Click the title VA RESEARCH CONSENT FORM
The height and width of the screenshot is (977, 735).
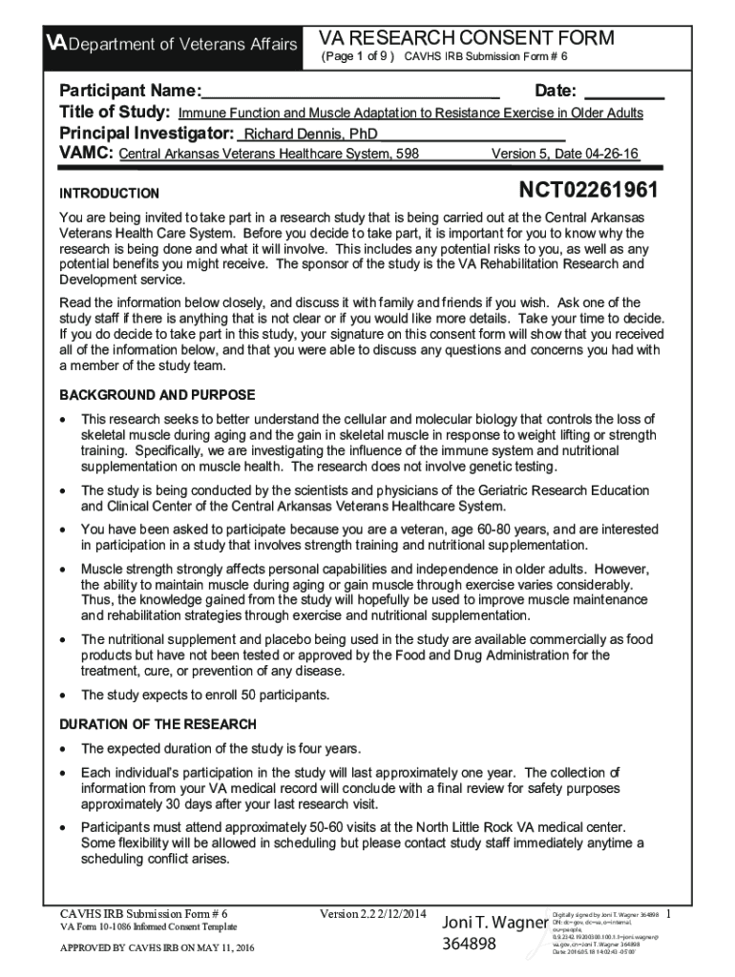(466, 38)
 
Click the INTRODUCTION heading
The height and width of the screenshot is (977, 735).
(110, 193)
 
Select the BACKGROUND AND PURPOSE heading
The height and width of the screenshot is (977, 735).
(157, 395)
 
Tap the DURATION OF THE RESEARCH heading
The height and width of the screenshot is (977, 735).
(157, 724)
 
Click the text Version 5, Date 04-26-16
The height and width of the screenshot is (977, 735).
(564, 154)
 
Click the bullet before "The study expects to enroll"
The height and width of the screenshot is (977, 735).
(64, 696)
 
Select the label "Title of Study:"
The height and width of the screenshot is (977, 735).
(115, 113)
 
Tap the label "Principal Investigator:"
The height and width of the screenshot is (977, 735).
(147, 133)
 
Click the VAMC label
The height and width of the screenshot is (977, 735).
(88, 153)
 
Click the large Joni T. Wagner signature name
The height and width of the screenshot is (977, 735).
(493, 924)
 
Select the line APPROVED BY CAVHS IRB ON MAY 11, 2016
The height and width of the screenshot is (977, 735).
(157, 947)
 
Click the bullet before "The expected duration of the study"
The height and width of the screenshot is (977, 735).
(64, 749)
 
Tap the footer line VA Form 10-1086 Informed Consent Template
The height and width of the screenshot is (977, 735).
(148, 926)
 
